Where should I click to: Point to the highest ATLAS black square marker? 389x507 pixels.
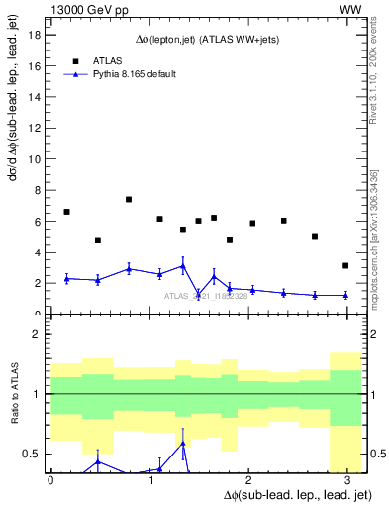[x=129, y=199]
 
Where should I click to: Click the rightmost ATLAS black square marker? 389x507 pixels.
[x=345, y=265]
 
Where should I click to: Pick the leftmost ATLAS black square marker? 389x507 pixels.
[x=66, y=212]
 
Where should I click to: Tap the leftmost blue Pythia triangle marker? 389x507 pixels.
[x=66, y=278]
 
